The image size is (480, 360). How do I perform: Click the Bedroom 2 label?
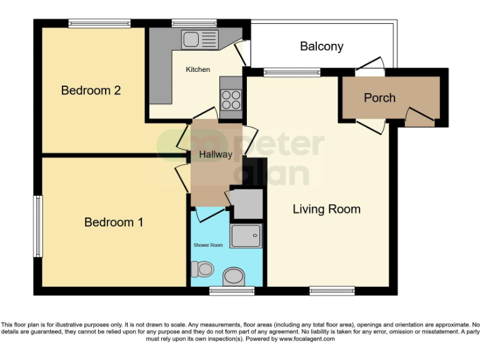pos(91,91)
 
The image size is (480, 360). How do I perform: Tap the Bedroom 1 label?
pos(114,222)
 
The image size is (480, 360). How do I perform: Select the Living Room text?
pos(326,209)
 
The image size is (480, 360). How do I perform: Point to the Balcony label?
pos(321,46)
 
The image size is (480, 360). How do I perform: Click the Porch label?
pos(379,97)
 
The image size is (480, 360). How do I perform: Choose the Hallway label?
pos(216,154)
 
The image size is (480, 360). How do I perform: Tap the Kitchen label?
pos(197,69)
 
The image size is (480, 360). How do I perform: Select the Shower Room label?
pos(207,245)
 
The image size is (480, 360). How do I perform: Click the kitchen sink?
pos(199,39)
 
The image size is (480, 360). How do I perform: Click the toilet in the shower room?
pos(202,269)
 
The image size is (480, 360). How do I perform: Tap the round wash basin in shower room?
pos(234,276)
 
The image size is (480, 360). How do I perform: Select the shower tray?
pos(246,237)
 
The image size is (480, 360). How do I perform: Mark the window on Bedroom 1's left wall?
pos(38,226)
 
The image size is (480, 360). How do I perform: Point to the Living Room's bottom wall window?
pos(332,291)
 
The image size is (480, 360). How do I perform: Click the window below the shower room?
pos(223,291)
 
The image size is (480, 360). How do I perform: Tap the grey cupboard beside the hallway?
pos(246,202)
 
